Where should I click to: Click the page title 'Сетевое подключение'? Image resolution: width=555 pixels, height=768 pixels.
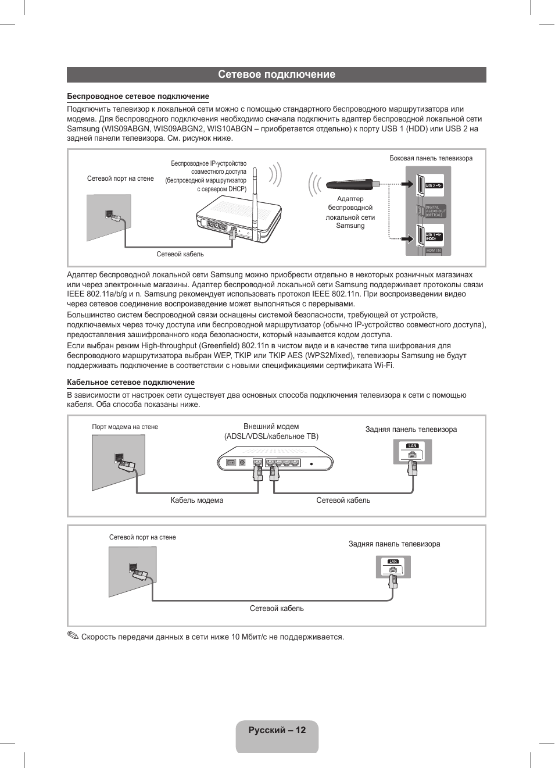[x=277, y=74]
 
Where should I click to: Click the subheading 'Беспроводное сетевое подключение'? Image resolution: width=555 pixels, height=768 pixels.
[x=138, y=97]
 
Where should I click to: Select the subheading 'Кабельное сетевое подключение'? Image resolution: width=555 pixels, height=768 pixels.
[x=131, y=383]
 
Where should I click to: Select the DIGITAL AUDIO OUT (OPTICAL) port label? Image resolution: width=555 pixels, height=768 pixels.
[x=435, y=211]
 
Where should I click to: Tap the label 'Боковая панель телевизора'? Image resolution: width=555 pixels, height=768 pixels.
[x=431, y=158]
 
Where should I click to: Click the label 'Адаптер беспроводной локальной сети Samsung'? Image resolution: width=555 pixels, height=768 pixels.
[x=350, y=212]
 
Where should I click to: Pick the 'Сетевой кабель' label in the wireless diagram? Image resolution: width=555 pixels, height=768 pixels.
[x=180, y=254]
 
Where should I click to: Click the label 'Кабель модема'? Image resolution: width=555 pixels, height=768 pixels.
[x=197, y=501]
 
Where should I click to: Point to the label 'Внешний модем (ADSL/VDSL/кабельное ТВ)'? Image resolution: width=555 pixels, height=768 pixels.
[x=271, y=431]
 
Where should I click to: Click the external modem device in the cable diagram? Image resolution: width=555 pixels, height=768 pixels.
[x=275, y=459]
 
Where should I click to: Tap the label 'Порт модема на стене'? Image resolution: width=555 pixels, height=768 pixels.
[x=125, y=427]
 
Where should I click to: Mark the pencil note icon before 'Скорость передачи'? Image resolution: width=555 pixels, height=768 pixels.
[x=73, y=635]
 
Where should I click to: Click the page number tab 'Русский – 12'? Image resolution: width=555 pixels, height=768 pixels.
[x=277, y=731]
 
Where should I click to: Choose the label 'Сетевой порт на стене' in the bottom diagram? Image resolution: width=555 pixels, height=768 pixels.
[x=142, y=537]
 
